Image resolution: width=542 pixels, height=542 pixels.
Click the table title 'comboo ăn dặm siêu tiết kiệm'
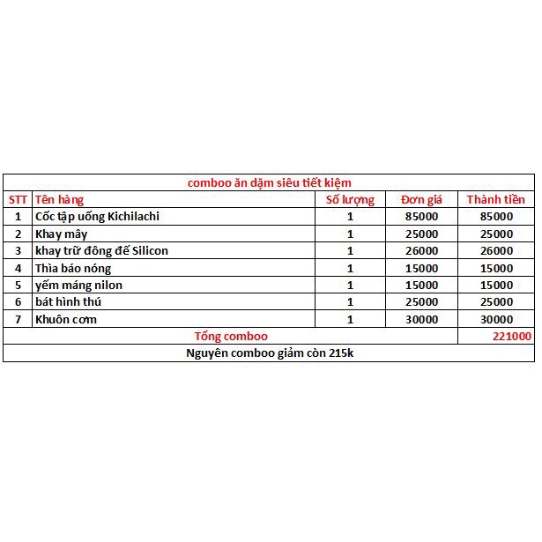[x=270, y=182]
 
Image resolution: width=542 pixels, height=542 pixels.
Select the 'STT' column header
[x=18, y=199]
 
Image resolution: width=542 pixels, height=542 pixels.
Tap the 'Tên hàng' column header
[x=59, y=199]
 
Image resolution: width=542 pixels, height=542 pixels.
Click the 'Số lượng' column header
[x=350, y=199]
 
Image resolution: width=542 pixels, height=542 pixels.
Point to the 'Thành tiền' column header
[x=495, y=199]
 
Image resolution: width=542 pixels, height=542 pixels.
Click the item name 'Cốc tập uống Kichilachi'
[x=97, y=216]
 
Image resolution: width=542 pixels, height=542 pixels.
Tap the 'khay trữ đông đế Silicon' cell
[x=101, y=250]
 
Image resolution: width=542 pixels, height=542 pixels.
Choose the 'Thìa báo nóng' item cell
[x=73, y=268]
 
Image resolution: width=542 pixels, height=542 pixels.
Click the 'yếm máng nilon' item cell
[x=78, y=285]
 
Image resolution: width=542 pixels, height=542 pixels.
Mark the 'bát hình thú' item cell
[x=69, y=302]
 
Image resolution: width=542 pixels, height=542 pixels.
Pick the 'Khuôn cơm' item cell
[x=66, y=319]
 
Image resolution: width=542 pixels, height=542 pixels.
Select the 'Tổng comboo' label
[x=231, y=336]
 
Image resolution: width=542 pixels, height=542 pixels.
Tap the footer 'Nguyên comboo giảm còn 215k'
[x=270, y=353]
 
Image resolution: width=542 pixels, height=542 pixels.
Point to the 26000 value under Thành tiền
[x=495, y=250]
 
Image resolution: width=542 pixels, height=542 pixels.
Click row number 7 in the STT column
[x=18, y=319]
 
